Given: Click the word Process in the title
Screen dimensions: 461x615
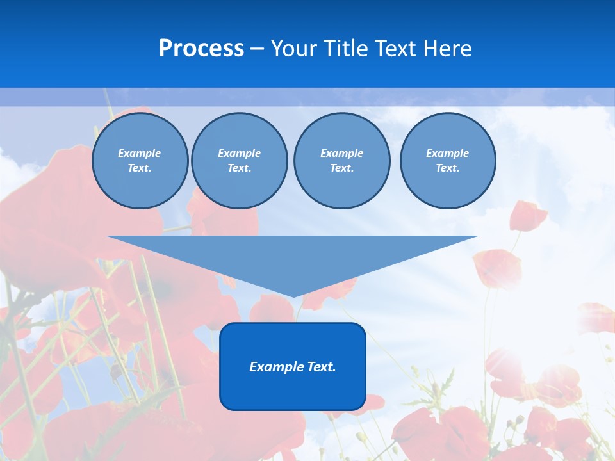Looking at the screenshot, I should click(x=201, y=49).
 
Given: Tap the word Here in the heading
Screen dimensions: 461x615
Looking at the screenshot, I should click(x=448, y=49).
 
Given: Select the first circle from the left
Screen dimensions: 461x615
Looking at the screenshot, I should click(x=140, y=161).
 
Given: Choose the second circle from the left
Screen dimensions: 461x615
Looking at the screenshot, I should click(x=239, y=161).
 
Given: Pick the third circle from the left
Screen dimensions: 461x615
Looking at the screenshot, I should click(x=341, y=161).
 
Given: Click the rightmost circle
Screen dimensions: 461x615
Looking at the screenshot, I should click(x=448, y=161).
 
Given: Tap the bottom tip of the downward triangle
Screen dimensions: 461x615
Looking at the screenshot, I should click(x=293, y=296).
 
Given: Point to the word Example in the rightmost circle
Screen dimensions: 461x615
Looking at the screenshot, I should click(x=448, y=153).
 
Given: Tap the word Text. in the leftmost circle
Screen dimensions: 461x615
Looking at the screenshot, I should click(x=140, y=168).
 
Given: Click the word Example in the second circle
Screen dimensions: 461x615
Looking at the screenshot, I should click(x=239, y=153).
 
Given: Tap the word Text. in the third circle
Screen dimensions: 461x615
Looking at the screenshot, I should click(x=341, y=168).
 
